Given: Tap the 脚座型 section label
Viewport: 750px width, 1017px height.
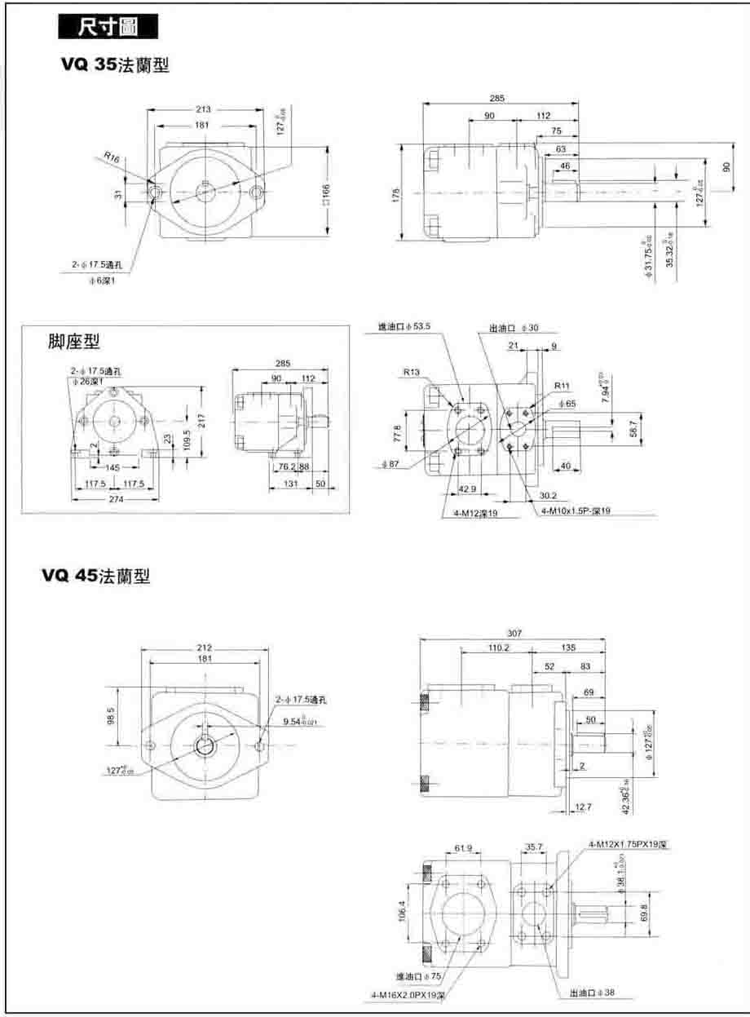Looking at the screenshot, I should (75, 343).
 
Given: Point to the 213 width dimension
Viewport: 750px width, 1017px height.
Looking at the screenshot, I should (202, 108).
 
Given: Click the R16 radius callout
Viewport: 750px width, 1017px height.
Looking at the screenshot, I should (112, 158).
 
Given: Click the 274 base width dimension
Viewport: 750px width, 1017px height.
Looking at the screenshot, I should (117, 498).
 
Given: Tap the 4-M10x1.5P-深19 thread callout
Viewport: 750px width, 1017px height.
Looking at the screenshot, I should (576, 511).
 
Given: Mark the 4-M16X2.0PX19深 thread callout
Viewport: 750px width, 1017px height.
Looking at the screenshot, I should (408, 995).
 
